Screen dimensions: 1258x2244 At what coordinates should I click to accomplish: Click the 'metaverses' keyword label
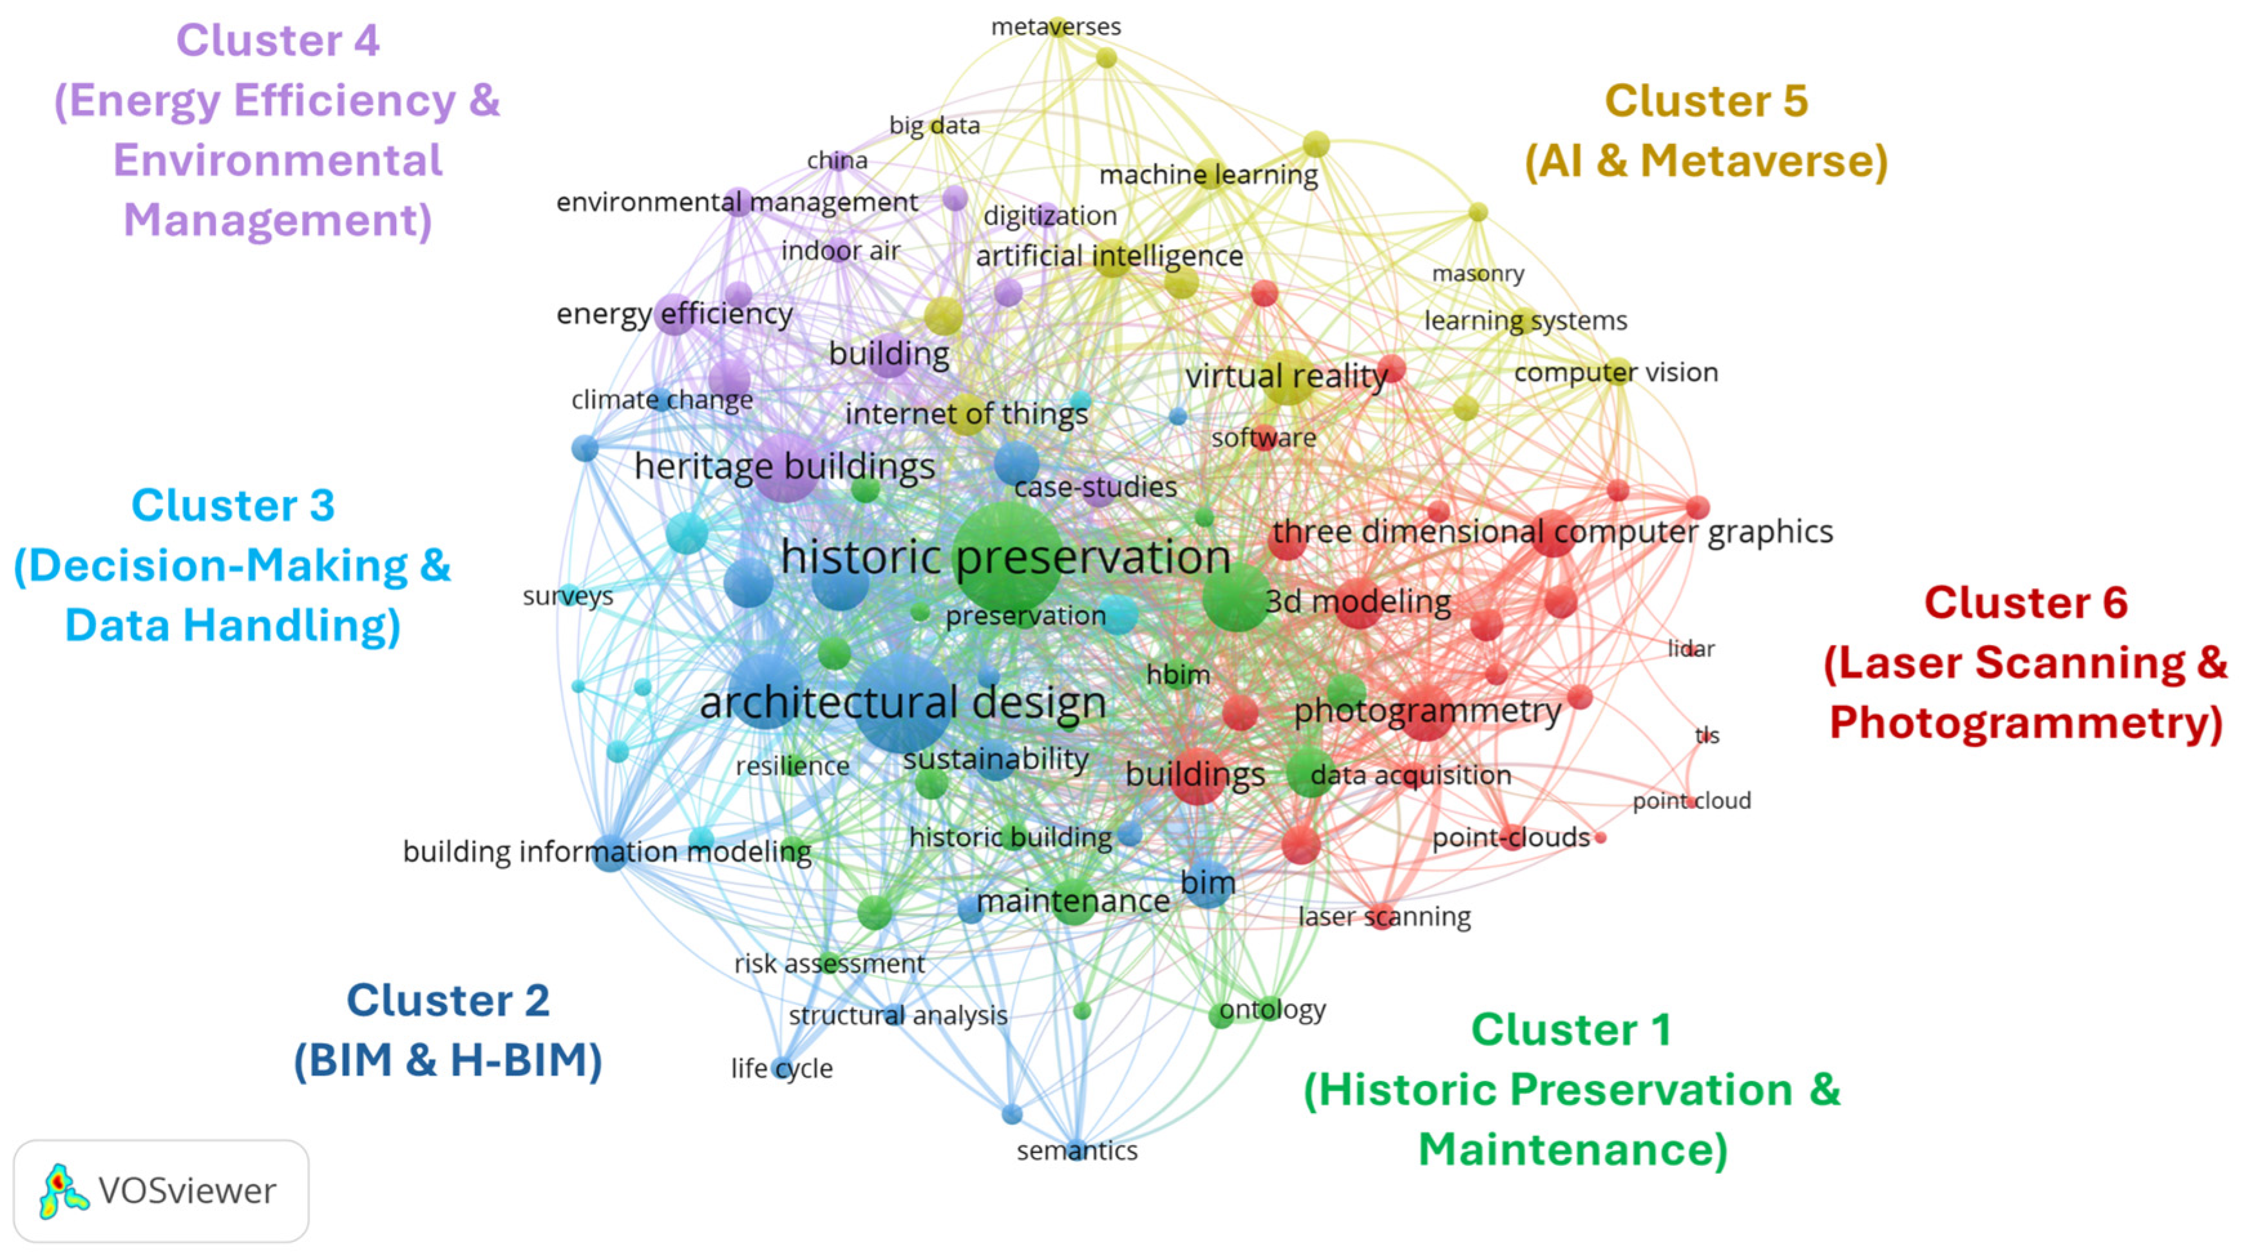coord(1056,27)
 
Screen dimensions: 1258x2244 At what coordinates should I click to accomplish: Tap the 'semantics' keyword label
coord(1077,1151)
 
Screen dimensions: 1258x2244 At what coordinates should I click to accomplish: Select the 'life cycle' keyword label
coord(781,1068)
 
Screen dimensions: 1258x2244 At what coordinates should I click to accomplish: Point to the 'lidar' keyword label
coord(1690,649)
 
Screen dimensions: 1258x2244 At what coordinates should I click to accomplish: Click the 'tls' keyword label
coord(1707,736)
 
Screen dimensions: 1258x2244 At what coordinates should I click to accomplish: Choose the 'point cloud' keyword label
coord(1691,801)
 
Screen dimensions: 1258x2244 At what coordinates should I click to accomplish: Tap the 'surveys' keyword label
coord(568,596)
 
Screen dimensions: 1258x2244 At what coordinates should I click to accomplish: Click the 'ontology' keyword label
coord(1272,1010)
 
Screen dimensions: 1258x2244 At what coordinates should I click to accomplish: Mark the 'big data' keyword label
coord(934,126)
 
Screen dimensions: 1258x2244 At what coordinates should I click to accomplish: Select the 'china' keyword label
coord(836,160)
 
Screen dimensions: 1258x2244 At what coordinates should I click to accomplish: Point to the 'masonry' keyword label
coord(1478,274)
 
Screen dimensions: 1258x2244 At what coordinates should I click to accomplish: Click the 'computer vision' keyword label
coord(1616,373)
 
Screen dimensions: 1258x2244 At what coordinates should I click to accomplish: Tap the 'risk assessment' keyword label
coord(830,964)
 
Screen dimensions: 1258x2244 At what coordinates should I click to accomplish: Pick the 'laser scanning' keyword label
coord(1384,917)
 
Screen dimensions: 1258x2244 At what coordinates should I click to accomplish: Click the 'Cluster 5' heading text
coord(1706,101)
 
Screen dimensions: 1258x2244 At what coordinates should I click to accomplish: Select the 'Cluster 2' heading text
coord(448,1000)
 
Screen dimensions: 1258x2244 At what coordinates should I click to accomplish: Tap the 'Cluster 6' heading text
coord(2026,603)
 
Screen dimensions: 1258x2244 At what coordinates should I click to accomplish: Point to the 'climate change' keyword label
coord(662,400)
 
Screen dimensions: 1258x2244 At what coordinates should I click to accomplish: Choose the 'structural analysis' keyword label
coord(898,1016)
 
